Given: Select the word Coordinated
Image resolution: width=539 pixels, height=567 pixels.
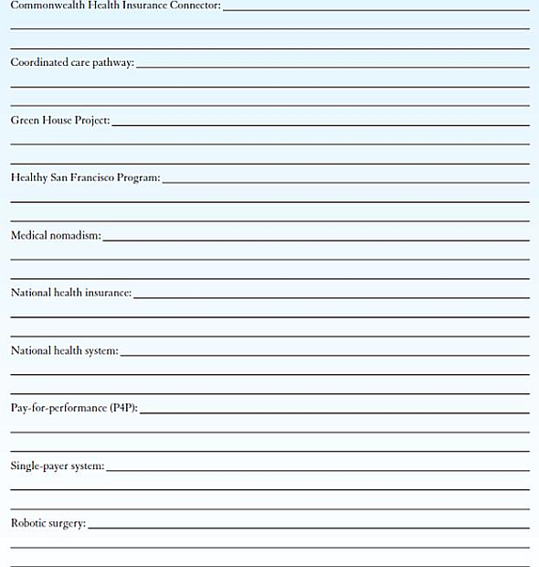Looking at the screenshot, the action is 39,62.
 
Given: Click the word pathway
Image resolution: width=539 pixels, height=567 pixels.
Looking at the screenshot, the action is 112,62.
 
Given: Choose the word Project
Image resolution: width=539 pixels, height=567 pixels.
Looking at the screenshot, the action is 92,120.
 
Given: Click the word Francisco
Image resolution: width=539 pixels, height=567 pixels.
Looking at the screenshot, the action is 111,177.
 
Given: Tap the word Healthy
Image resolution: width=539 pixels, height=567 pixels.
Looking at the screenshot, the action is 29,177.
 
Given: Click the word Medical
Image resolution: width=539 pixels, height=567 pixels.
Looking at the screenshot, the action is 29,235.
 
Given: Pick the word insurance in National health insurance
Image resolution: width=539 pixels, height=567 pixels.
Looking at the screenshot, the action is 109,293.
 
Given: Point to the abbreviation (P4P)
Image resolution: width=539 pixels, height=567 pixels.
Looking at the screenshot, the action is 123,408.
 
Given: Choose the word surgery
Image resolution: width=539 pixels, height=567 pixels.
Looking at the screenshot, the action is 68,523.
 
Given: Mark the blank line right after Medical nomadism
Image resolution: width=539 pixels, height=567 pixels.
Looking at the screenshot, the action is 316,240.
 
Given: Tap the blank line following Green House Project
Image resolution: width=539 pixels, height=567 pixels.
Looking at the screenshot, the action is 321,124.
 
